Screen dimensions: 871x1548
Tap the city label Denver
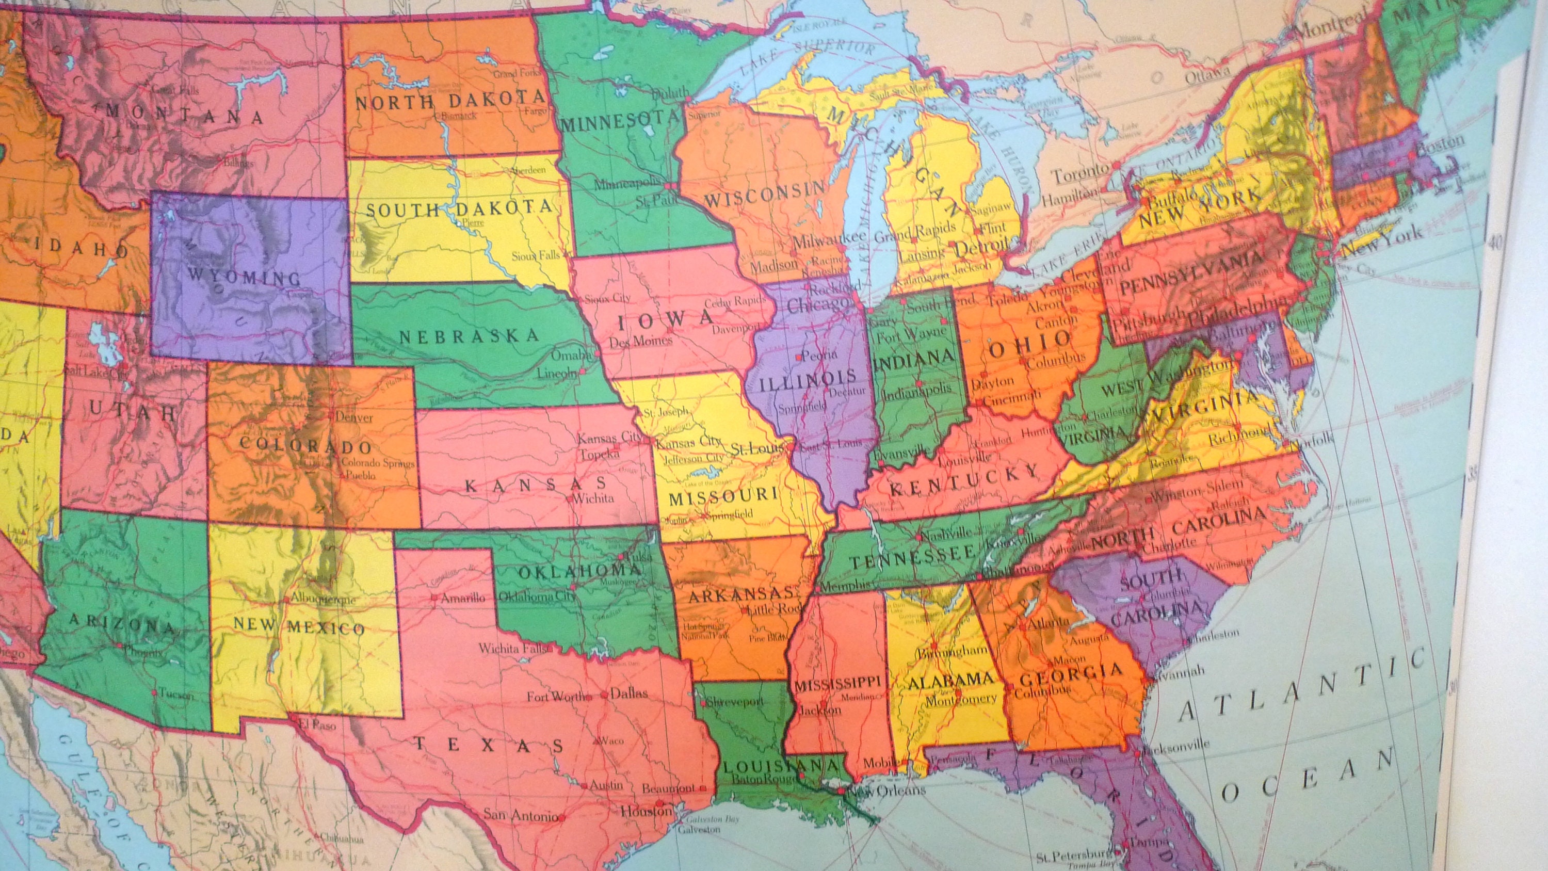(x=354, y=416)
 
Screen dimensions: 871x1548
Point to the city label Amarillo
(x=462, y=598)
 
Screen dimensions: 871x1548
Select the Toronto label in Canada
(x=1080, y=174)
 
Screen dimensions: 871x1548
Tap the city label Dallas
(x=629, y=693)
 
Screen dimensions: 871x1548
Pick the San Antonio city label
(x=521, y=816)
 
